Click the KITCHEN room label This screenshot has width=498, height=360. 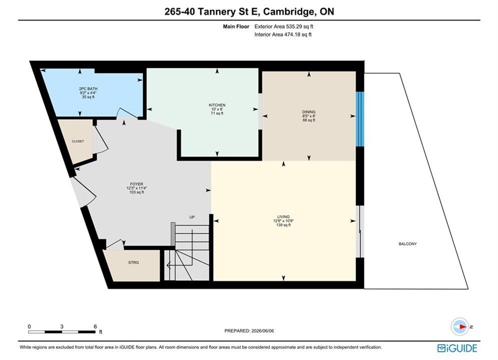click(217, 105)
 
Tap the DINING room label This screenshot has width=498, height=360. click(309, 111)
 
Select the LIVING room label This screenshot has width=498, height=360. click(283, 217)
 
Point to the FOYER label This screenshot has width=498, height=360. click(137, 184)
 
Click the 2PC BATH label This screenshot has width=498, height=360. click(88, 89)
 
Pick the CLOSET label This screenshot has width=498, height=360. click(78, 141)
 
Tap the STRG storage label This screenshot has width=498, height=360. click(134, 262)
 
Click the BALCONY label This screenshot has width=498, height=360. click(407, 244)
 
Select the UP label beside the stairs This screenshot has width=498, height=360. click(192, 217)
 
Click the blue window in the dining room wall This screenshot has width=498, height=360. click(359, 119)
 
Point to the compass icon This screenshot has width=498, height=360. click(459, 326)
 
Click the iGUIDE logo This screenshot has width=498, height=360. click(457, 348)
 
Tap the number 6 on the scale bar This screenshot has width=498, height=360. click(95, 326)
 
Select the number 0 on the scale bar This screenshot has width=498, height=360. click(29, 326)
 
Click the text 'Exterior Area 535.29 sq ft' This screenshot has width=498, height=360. click(284, 26)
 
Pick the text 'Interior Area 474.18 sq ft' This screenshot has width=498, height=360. click(283, 34)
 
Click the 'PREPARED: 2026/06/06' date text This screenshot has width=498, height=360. click(249, 331)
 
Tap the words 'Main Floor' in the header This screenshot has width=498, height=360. click(236, 26)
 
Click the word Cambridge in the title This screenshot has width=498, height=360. click(287, 11)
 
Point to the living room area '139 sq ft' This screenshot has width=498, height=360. click(283, 225)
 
